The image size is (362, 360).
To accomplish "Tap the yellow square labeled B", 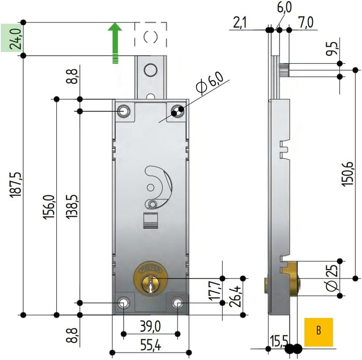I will pyautogui.click(x=318, y=331).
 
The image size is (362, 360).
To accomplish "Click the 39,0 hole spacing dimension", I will pyautogui.click(x=150, y=326).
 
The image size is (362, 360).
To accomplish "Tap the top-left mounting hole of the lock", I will pyautogui.click(x=123, y=111).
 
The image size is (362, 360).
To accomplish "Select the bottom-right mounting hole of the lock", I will pyautogui.click(x=177, y=303).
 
